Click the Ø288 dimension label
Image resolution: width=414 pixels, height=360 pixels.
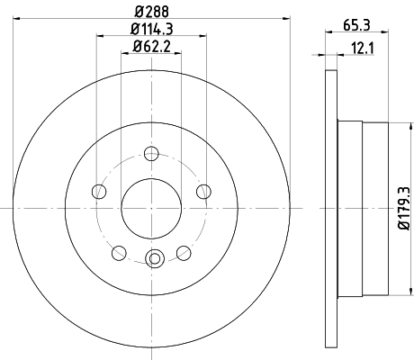(x=152, y=12)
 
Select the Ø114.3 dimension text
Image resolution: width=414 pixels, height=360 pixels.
(x=152, y=29)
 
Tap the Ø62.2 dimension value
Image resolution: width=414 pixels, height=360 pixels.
(x=152, y=47)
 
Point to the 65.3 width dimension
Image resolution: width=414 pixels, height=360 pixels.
(x=356, y=25)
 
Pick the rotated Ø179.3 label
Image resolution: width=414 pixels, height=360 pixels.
(x=404, y=208)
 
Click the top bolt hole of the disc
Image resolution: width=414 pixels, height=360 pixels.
(x=151, y=154)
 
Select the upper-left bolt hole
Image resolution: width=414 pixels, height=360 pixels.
(x=99, y=192)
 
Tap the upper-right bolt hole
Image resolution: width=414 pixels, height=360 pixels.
(x=204, y=192)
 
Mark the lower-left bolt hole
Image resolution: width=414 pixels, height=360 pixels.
(x=119, y=253)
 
